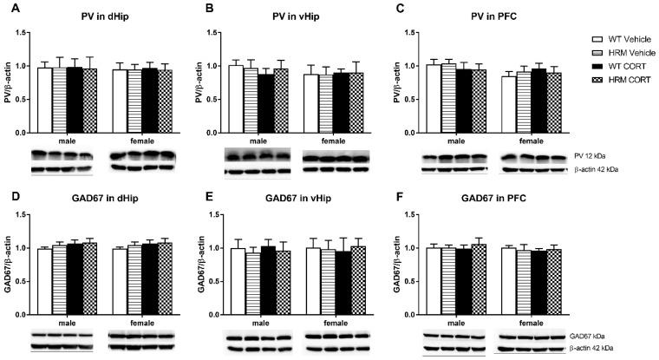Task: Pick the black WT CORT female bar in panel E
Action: tap(332, 283)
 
